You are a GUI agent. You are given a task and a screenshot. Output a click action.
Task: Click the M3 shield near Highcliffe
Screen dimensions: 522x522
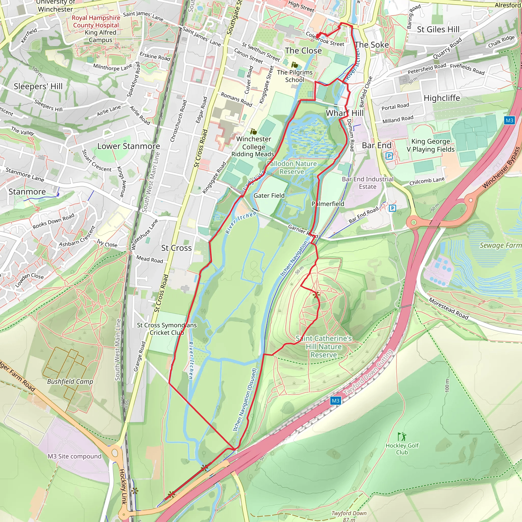(x=509, y=120)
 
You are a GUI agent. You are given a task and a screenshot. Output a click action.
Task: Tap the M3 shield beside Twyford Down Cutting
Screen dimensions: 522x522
(x=335, y=401)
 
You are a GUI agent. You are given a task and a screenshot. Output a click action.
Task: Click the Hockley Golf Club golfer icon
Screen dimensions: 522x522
(x=402, y=436)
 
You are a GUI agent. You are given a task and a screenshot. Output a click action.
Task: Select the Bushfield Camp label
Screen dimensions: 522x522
(x=70, y=382)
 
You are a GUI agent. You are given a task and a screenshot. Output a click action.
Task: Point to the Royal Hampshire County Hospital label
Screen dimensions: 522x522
(x=96, y=21)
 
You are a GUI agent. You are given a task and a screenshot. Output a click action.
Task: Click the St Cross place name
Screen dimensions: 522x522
(x=176, y=248)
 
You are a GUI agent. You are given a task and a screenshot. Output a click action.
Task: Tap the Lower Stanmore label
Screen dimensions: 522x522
(x=129, y=146)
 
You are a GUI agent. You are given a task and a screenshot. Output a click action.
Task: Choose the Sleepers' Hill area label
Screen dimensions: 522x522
(x=38, y=86)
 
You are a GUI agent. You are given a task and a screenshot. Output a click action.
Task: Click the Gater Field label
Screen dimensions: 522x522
(x=269, y=195)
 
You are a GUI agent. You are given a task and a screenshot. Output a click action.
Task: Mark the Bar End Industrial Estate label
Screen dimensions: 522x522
(x=368, y=183)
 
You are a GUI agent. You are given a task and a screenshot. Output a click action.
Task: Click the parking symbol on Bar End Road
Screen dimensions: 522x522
(x=392, y=208)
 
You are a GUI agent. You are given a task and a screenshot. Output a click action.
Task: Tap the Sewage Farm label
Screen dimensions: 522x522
(x=500, y=245)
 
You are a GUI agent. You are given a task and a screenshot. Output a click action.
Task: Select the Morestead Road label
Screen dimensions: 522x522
(x=448, y=309)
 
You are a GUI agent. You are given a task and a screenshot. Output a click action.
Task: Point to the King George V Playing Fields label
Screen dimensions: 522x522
(x=431, y=145)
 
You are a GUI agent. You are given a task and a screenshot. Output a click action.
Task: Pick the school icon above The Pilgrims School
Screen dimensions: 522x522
(x=294, y=65)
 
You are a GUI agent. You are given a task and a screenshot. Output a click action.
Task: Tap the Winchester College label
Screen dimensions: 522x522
(x=253, y=143)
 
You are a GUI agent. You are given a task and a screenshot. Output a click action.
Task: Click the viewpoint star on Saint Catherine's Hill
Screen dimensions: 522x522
(x=316, y=295)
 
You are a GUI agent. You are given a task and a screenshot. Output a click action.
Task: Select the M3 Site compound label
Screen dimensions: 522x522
(x=75, y=456)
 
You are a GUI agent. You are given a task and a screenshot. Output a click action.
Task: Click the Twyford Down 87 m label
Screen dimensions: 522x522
(x=349, y=516)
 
